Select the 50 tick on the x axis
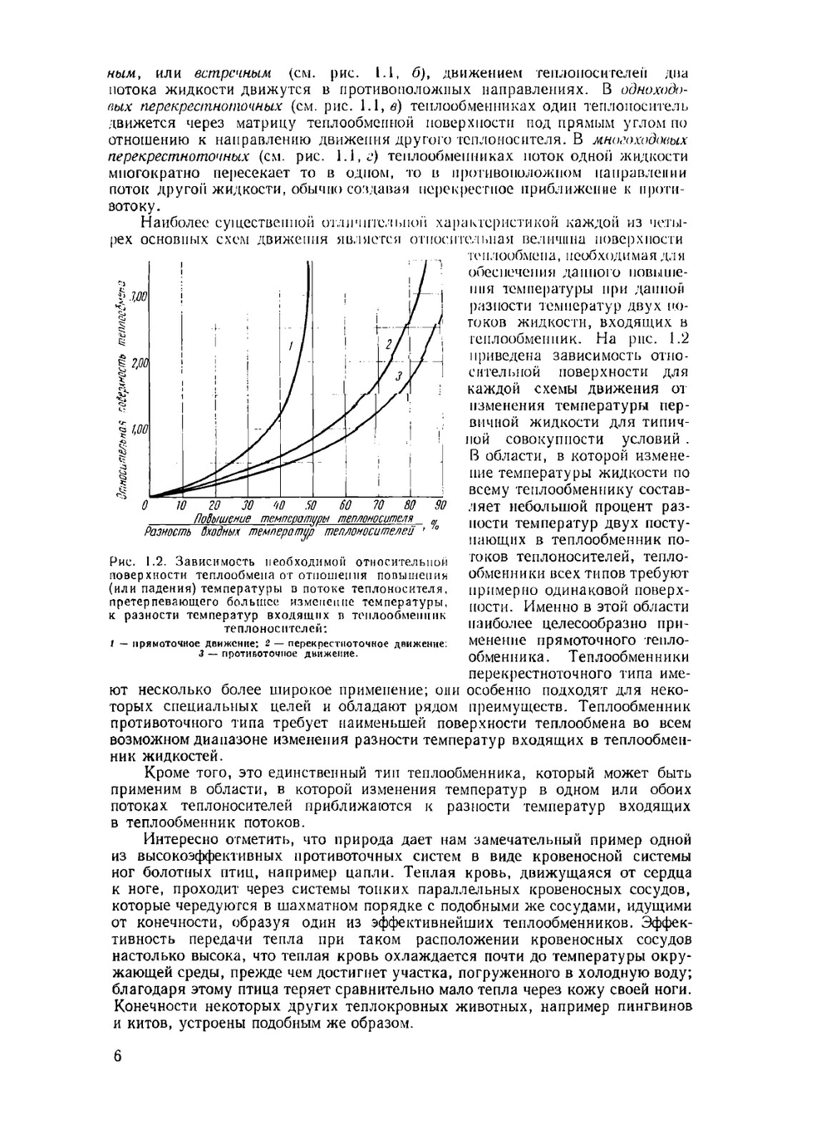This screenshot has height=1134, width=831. click(x=311, y=505)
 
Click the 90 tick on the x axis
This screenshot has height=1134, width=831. click(x=440, y=505)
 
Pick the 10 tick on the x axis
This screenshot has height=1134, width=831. click(x=181, y=505)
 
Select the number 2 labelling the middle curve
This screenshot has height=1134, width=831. click(x=387, y=343)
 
